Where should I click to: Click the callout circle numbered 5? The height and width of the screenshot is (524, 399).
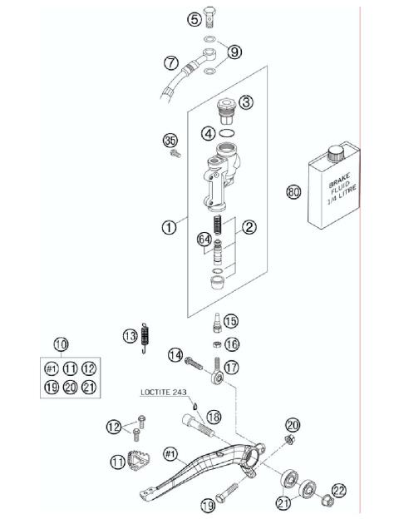(195, 17)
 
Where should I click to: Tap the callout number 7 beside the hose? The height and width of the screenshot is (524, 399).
(170, 62)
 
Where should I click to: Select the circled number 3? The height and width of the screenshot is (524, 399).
(246, 103)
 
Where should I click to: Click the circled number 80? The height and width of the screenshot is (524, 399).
(293, 192)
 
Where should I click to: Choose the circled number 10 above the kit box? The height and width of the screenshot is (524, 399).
(61, 344)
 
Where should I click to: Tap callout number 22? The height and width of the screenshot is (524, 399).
(338, 490)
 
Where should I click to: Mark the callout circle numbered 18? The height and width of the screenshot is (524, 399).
(213, 417)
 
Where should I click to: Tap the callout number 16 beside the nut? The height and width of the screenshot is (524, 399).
(231, 344)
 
